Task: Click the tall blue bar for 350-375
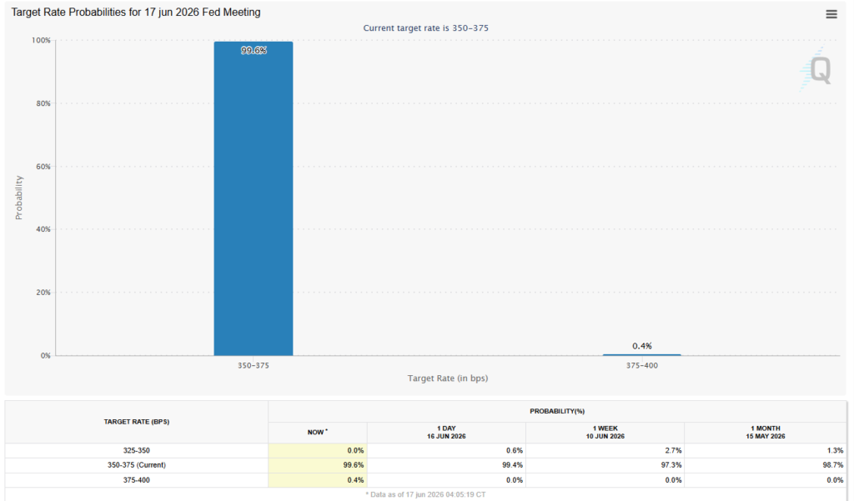tap(254, 198)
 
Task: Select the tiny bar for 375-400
tap(641, 354)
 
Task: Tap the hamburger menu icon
tap(831, 14)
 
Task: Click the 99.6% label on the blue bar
tap(254, 51)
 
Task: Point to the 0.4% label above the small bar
tap(642, 346)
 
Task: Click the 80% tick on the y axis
tap(43, 103)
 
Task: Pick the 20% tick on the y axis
tap(43, 293)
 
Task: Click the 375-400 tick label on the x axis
tap(641, 365)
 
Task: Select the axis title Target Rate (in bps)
tap(448, 378)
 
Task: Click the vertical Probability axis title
tap(19, 198)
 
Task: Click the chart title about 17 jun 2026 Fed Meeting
tap(136, 12)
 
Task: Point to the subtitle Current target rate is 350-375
tap(426, 28)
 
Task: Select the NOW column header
tap(318, 433)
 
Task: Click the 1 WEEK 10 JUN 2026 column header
tap(605, 433)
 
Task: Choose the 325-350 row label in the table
tap(136, 450)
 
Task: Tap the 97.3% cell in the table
tap(673, 465)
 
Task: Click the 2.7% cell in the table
tap(675, 450)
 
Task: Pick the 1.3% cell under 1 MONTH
tap(836, 450)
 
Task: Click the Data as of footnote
tap(426, 494)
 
